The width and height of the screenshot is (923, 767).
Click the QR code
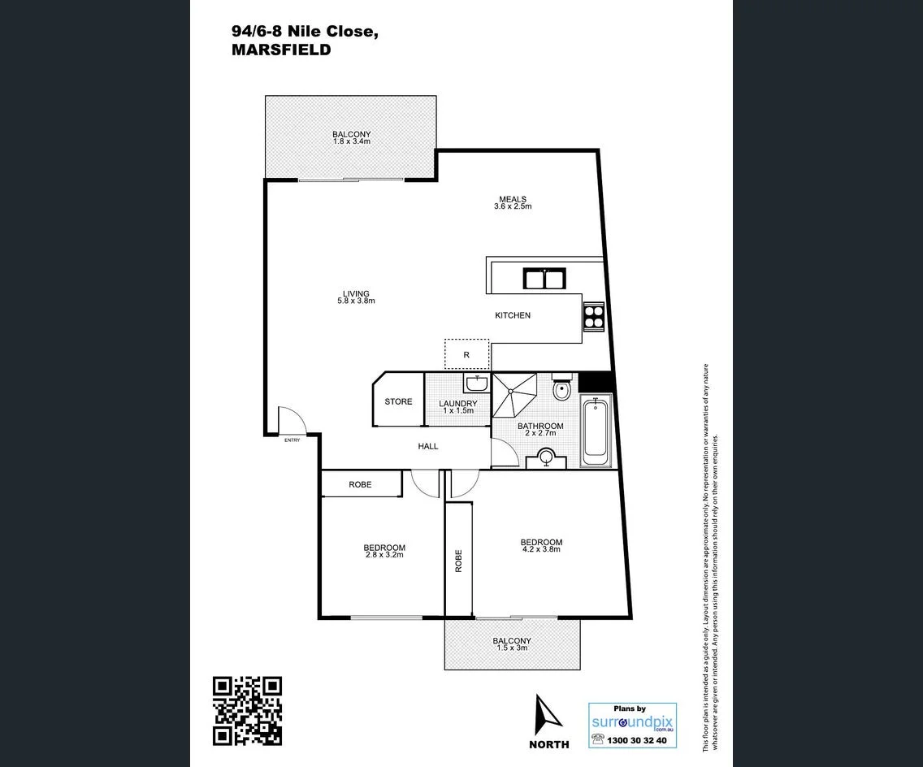(x=247, y=711)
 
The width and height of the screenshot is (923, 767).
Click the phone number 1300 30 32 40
(x=637, y=740)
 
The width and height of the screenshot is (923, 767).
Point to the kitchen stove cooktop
(x=594, y=315)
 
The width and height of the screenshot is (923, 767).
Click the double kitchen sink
(x=544, y=279)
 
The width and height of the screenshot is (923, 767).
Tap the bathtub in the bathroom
(x=596, y=430)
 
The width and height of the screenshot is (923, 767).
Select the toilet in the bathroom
(x=561, y=390)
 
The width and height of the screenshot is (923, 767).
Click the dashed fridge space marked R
(x=466, y=354)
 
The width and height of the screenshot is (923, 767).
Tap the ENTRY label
(x=292, y=440)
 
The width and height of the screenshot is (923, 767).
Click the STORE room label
(x=398, y=401)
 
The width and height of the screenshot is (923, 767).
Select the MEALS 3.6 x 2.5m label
(x=513, y=202)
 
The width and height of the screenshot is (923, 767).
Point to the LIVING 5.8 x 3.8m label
(x=356, y=297)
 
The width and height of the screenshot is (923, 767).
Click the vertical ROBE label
(x=458, y=561)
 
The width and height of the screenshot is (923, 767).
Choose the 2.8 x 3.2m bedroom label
(x=383, y=552)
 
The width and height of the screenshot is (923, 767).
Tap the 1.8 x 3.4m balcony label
(x=351, y=137)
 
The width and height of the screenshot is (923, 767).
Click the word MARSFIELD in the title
(x=281, y=50)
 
